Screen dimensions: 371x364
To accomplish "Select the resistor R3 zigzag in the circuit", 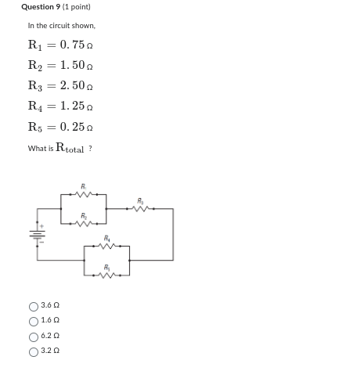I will point(141,209).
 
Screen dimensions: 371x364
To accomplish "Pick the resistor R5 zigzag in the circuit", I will point(106,275).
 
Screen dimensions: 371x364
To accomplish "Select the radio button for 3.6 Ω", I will point(33,307).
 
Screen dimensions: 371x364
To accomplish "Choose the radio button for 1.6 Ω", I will point(33,321).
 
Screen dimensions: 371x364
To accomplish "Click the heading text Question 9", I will point(39,7).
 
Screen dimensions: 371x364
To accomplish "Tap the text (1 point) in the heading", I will point(75,7).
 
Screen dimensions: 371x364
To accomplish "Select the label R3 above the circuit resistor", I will point(141,200).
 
